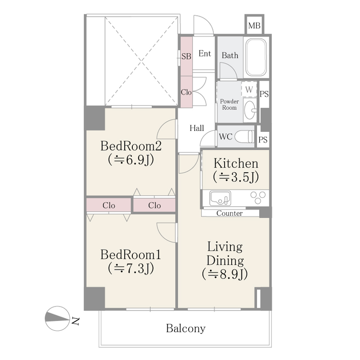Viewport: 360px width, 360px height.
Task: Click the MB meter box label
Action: point(254,25)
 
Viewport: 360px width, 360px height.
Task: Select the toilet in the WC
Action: point(245,137)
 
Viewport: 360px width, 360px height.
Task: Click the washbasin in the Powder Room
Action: point(250,110)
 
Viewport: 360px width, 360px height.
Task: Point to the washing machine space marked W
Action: point(249,89)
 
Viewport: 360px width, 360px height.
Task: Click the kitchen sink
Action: point(220,198)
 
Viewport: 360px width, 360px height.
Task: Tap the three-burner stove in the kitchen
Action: point(258,198)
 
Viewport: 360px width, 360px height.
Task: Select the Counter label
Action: point(229,213)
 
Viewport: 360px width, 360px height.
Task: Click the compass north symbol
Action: point(58,318)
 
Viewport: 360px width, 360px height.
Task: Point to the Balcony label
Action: point(185,328)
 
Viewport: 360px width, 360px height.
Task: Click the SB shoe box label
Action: point(186,56)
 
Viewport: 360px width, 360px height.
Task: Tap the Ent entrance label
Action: point(205,54)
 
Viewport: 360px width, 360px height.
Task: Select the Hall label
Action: point(197,128)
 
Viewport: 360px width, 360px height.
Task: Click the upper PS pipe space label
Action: point(264,94)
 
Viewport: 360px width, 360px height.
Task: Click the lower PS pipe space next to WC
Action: point(263,139)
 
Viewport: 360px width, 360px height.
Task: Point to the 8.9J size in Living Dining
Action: point(225,274)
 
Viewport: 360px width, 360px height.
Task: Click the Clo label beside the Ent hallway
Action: point(186,92)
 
